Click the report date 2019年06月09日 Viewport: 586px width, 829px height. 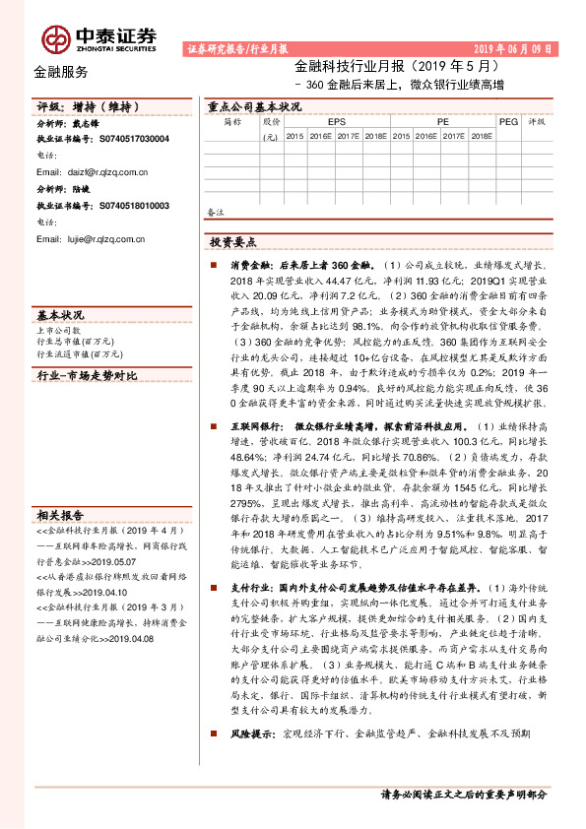pyautogui.click(x=512, y=48)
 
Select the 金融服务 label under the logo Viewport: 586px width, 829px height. pyautogui.click(x=60, y=72)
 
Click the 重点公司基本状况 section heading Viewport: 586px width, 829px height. pyautogui.click(x=254, y=106)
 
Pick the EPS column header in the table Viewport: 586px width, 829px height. pyautogui.click(x=337, y=122)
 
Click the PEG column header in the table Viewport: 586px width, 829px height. pyautogui.click(x=508, y=122)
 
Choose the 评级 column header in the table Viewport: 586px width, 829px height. pyautogui.click(x=537, y=122)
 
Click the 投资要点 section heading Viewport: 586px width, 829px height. pyautogui.click(x=233, y=240)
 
